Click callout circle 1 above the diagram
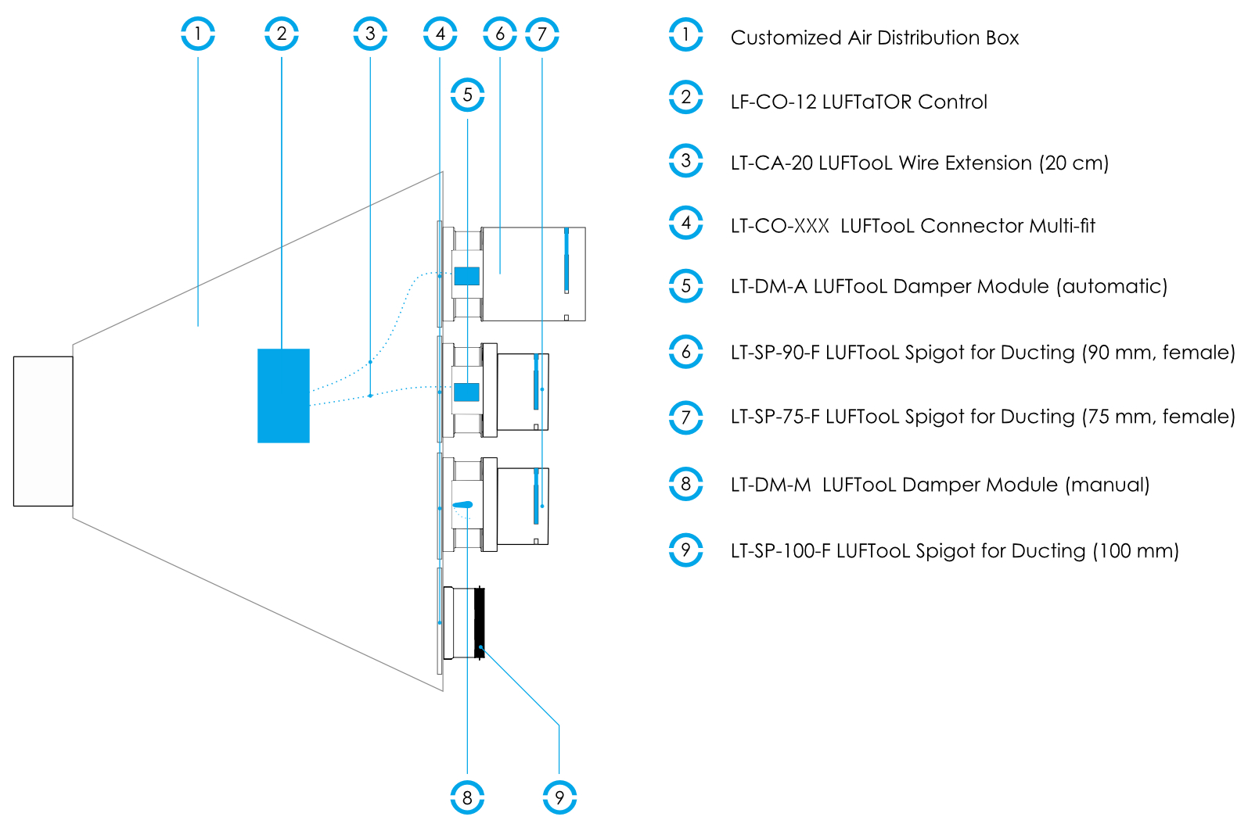click(x=198, y=34)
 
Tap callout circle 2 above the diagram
click(x=282, y=34)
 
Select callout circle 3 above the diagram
click(x=370, y=34)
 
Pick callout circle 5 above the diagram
click(x=467, y=95)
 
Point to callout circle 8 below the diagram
click(x=467, y=797)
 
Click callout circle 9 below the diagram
click(x=559, y=797)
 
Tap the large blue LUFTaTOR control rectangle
click(x=283, y=396)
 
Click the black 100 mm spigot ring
click(x=480, y=622)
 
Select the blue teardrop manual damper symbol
click(x=462, y=505)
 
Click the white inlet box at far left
click(x=43, y=431)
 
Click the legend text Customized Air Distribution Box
click(x=874, y=38)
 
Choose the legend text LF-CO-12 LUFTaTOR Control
click(x=858, y=102)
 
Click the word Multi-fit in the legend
click(x=1062, y=226)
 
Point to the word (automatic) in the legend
click(x=1111, y=286)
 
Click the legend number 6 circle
click(x=686, y=352)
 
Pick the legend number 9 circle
click(x=686, y=550)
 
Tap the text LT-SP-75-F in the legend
click(x=775, y=417)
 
